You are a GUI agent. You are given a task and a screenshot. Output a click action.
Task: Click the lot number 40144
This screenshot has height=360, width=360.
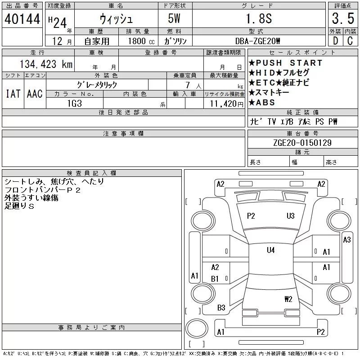(22, 19)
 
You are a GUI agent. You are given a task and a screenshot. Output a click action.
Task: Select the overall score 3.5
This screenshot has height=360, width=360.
(343, 18)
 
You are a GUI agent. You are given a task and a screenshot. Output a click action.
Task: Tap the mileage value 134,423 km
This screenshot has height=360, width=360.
(46, 64)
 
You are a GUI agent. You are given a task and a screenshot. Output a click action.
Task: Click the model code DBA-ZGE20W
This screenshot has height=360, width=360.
(257, 41)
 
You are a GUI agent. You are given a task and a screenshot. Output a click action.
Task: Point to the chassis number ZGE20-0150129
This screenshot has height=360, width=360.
(302, 143)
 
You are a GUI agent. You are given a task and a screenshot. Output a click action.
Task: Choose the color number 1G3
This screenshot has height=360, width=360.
(75, 103)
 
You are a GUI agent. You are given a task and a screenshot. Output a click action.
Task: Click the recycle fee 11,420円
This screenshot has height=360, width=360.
(227, 104)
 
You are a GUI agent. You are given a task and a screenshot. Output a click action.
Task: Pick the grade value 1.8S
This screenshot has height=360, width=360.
(259, 18)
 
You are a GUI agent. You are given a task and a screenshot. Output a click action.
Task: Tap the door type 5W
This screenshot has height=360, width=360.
(174, 18)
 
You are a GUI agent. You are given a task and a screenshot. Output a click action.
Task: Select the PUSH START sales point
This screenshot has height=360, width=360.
(286, 63)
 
